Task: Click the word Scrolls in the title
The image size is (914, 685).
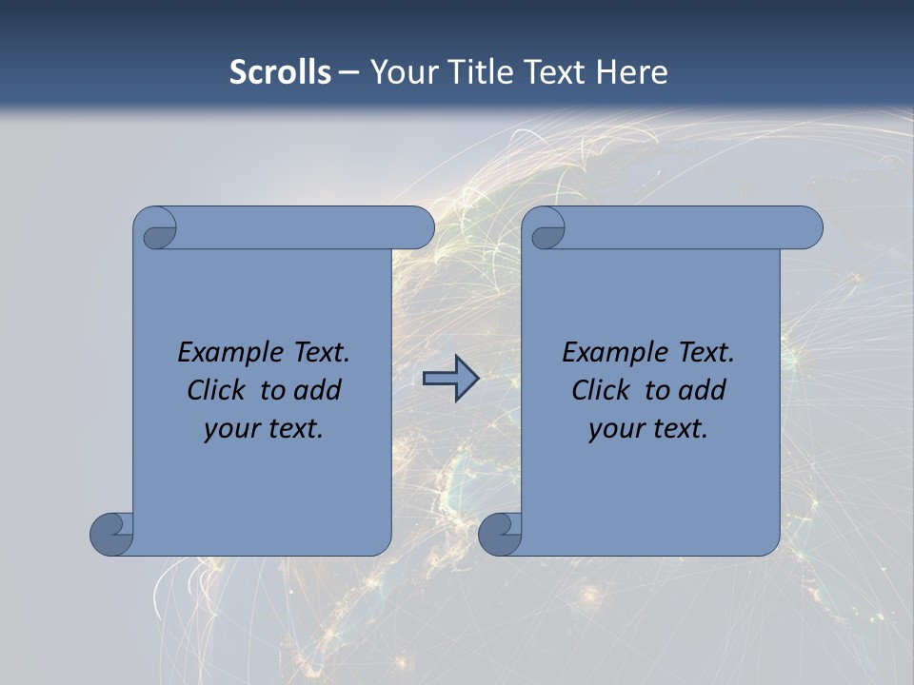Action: click(281, 72)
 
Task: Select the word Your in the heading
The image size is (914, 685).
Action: click(399, 72)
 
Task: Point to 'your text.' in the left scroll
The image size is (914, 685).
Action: click(264, 428)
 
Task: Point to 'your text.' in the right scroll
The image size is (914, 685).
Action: click(648, 428)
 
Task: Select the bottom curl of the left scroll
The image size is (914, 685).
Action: click(111, 534)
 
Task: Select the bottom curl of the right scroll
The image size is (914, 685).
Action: click(500, 534)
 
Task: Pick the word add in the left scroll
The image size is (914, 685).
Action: click(317, 390)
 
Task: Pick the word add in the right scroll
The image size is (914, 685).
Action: click(702, 390)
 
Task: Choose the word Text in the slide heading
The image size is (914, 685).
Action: click(554, 72)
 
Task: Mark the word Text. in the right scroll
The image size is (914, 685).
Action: click(705, 352)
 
